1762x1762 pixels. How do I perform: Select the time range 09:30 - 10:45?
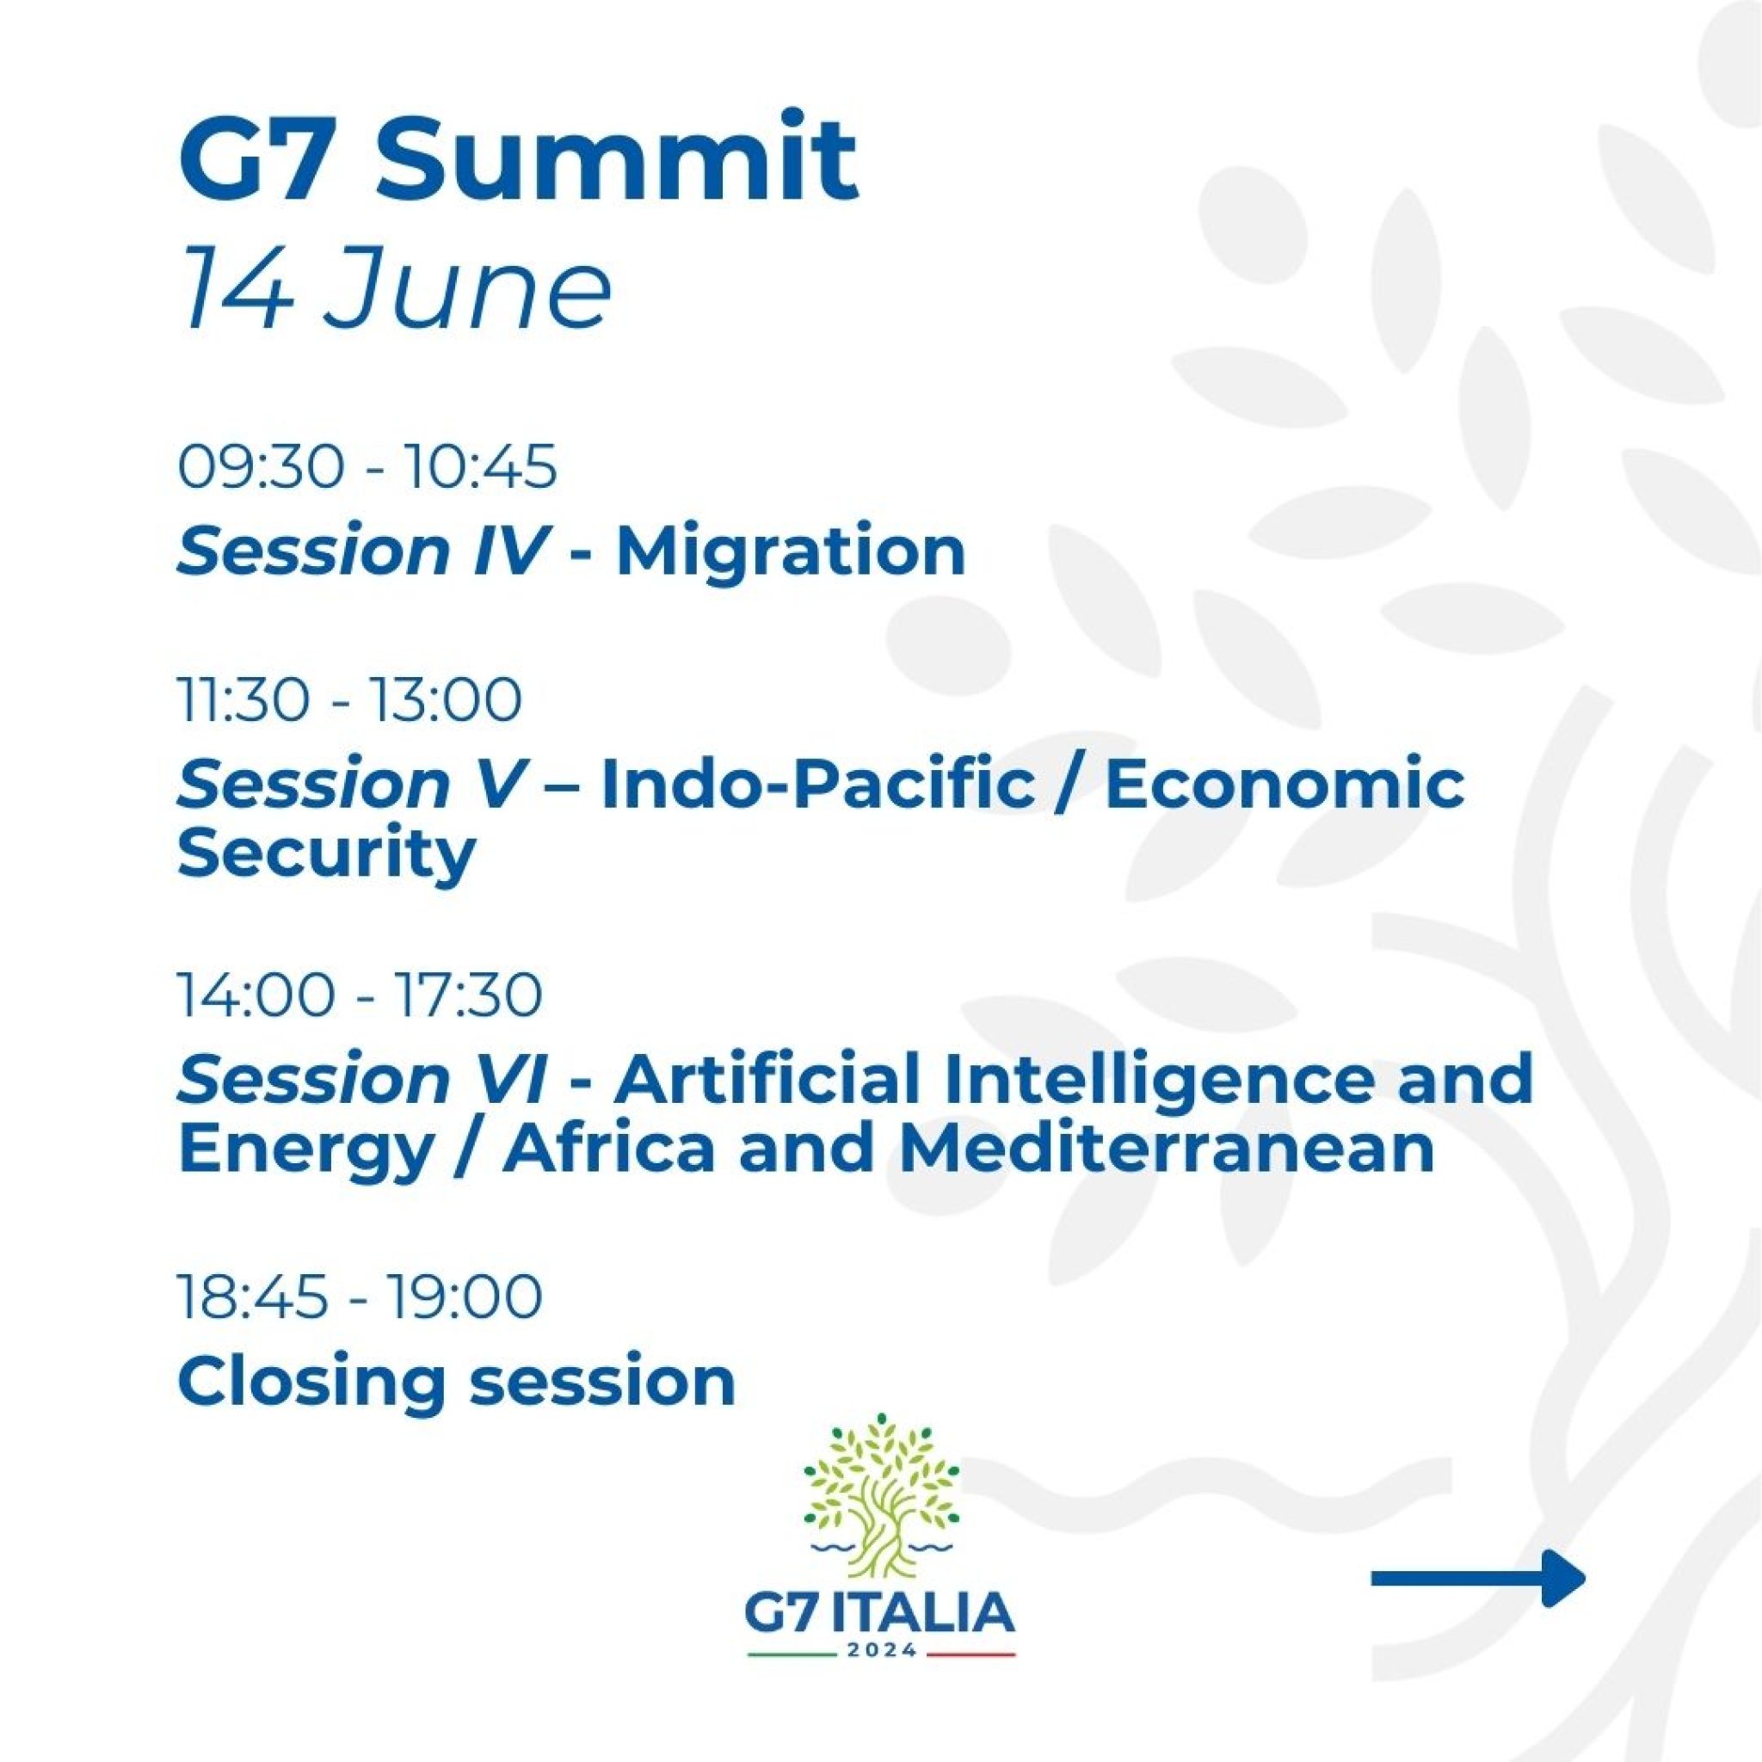coord(367,468)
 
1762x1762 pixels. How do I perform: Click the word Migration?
coord(791,551)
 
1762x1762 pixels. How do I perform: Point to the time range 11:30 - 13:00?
coord(350,699)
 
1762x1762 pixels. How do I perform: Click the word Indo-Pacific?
coord(817,784)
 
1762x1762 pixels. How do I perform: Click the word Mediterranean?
coord(1167,1150)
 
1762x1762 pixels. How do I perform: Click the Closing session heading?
coord(457,1381)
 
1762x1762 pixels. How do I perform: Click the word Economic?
coord(1285,784)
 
